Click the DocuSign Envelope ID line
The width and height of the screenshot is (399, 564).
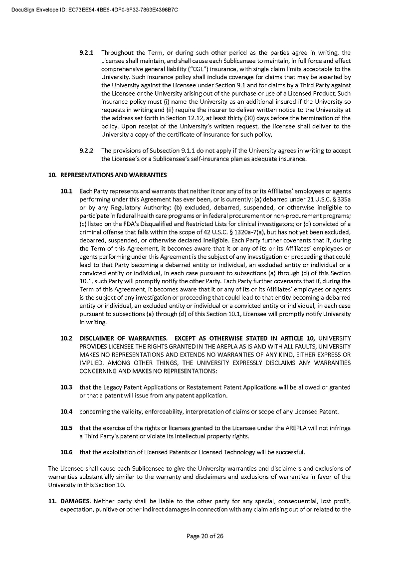94,9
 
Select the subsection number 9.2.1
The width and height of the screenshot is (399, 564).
87,53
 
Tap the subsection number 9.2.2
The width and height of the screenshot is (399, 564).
87,151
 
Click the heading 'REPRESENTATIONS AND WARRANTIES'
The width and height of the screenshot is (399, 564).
114,175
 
